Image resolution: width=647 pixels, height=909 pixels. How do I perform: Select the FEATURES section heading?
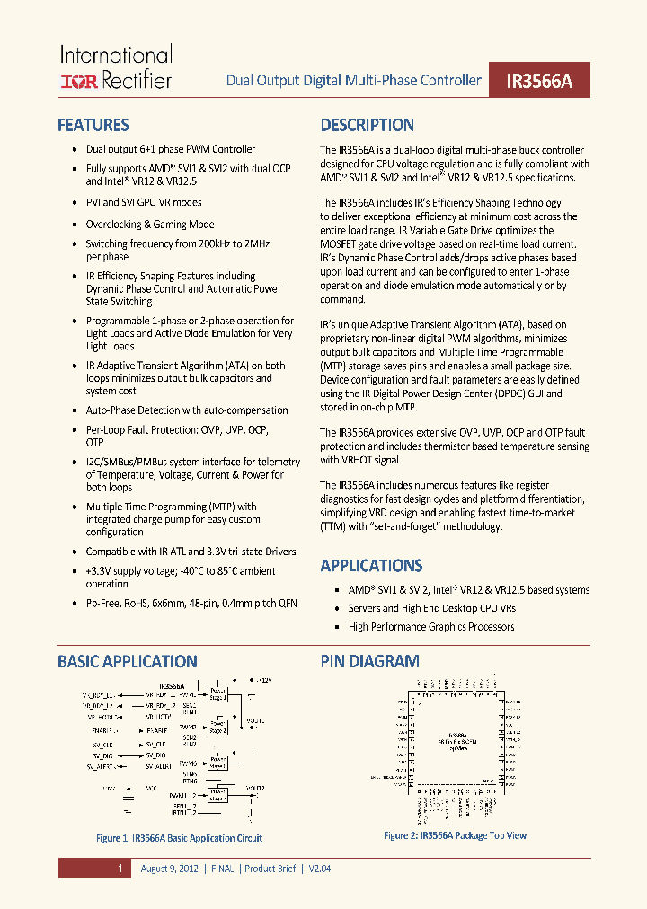pos(93,125)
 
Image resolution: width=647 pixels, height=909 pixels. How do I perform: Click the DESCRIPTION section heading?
pos(368,125)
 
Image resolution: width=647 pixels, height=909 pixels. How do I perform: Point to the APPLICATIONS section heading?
pos(371,565)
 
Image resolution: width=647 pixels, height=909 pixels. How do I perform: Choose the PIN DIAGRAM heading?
pos(369,661)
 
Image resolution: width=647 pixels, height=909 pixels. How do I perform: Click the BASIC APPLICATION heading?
pos(128,661)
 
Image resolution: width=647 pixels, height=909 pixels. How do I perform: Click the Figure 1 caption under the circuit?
pos(180,838)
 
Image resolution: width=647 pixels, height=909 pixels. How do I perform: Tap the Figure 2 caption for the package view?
pos(456,835)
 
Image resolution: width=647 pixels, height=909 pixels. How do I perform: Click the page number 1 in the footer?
pos(120,869)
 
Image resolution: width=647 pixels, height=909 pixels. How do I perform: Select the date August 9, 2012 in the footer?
pos(171,869)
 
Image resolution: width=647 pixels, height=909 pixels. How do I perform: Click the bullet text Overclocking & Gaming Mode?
pos(150,225)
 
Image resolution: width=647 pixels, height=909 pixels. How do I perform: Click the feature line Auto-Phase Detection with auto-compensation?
pos(187,410)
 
